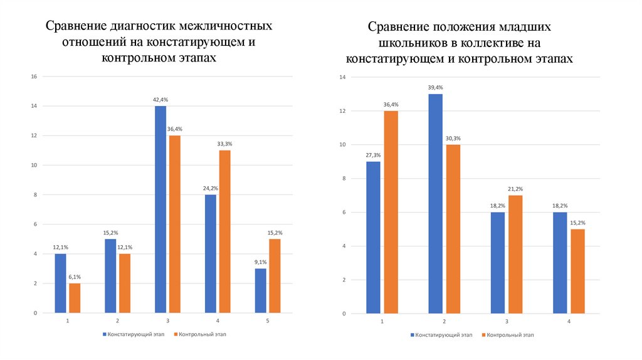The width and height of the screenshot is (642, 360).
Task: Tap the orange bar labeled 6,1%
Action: (x=75, y=298)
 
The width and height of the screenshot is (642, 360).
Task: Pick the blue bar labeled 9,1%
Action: (x=261, y=290)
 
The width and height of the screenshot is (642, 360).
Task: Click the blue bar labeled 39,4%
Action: (x=436, y=203)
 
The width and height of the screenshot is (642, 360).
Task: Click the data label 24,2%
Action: (x=211, y=188)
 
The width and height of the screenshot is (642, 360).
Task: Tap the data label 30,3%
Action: (x=453, y=138)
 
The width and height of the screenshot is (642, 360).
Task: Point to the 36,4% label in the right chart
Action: (x=391, y=105)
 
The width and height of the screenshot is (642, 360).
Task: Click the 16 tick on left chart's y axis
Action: (x=34, y=77)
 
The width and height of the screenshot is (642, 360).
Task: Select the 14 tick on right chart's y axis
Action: (x=342, y=77)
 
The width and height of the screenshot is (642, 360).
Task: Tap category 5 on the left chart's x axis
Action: (x=268, y=320)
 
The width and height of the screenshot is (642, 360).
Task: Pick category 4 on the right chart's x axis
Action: (x=569, y=321)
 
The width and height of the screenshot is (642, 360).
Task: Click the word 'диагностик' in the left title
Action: (x=143, y=28)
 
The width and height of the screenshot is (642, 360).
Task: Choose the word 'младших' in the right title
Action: (x=525, y=28)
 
